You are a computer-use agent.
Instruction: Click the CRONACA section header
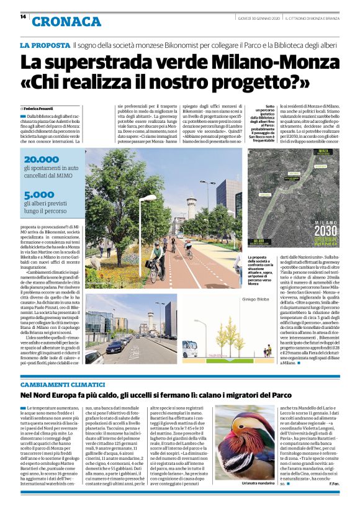tap(66, 22)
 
